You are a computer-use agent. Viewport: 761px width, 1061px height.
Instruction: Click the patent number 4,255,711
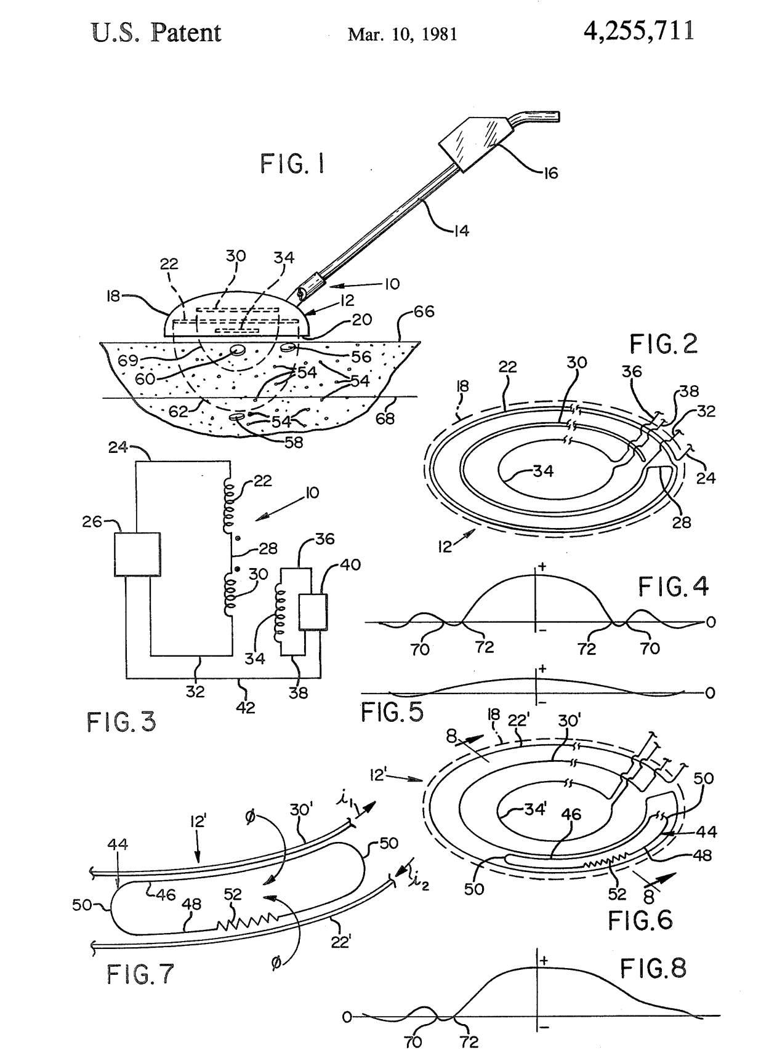(638, 30)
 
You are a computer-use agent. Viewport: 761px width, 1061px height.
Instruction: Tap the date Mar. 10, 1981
(402, 34)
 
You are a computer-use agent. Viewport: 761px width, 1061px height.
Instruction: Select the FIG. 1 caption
(292, 164)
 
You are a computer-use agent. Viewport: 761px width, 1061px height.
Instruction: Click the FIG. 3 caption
(121, 721)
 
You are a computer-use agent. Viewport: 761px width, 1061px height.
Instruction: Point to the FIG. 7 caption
(140, 974)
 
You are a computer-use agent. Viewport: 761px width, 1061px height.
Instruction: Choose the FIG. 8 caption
(653, 969)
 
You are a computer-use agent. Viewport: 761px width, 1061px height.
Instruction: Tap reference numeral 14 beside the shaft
(461, 231)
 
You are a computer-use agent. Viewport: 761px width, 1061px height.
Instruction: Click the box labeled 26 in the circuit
(137, 554)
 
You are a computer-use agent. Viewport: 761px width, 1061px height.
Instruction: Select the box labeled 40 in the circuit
(313, 612)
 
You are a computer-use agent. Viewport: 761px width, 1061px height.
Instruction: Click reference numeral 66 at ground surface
(424, 311)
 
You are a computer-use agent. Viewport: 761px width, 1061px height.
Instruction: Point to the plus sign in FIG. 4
(542, 566)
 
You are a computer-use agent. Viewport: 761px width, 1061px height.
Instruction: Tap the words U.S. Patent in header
(156, 33)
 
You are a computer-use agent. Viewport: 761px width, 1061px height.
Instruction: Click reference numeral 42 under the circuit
(246, 707)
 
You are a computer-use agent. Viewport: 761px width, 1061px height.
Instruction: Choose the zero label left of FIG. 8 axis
(347, 1017)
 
